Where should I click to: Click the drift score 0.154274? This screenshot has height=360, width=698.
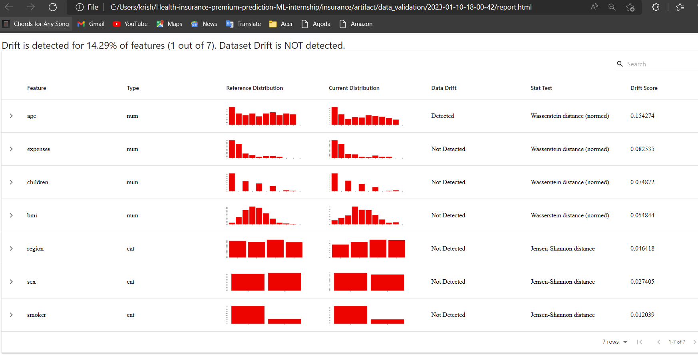point(642,116)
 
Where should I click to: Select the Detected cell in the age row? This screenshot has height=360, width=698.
point(442,116)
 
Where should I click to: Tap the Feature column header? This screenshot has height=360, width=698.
point(36,88)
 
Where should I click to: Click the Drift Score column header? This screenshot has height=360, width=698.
point(644,88)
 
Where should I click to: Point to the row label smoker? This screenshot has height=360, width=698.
point(36,315)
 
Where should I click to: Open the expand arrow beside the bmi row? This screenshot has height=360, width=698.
point(11,215)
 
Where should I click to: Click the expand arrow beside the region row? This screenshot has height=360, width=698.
point(11,249)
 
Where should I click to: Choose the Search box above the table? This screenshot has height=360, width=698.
point(659,64)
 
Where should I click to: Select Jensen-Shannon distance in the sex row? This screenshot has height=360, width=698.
point(562,282)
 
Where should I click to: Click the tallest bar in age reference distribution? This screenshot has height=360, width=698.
point(232,116)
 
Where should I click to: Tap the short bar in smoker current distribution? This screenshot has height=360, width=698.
point(387,321)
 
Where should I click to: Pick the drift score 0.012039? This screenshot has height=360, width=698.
point(642,315)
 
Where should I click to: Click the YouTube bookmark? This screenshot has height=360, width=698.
point(130,24)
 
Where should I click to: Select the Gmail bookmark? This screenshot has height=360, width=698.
point(91,24)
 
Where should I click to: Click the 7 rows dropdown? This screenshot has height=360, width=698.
point(614,342)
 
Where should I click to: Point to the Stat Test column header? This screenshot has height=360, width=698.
point(541,88)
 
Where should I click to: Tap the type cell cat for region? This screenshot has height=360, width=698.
point(131,249)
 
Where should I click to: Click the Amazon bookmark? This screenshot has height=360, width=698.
point(356,24)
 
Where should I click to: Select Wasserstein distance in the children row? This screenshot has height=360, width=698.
point(569,182)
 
